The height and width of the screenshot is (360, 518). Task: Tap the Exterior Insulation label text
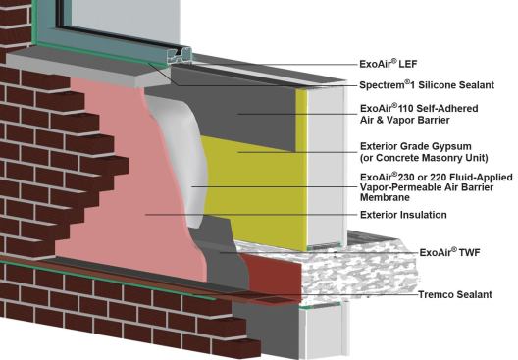coord(404,214)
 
